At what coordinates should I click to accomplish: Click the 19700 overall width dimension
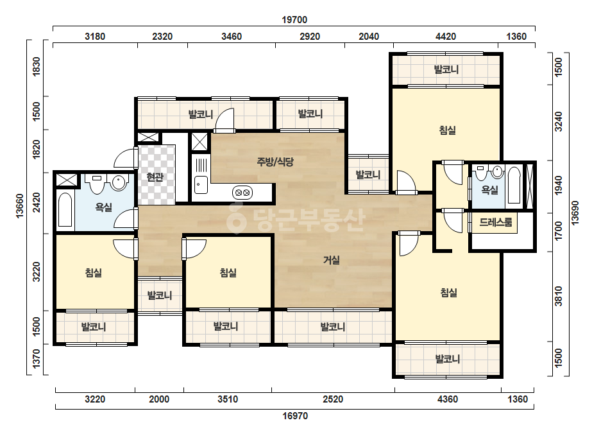pos(294,20)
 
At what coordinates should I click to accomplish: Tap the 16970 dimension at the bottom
pos(295,416)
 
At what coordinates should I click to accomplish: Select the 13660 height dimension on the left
pos(20,205)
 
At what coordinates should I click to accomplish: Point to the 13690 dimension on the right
pos(575,213)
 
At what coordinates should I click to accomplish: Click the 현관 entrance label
pos(155,177)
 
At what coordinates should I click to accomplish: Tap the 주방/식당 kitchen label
pos(275,162)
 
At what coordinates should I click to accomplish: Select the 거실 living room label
pos(332,260)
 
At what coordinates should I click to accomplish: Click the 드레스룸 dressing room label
pos(496,222)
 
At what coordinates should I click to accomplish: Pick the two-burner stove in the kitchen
pos(242,193)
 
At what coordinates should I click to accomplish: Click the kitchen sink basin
pos(201,185)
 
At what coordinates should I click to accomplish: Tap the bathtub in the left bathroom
pos(65,210)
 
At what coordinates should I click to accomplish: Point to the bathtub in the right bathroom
pos(514,186)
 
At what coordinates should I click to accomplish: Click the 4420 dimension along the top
pos(446,37)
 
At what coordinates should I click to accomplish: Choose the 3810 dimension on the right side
pos(559,297)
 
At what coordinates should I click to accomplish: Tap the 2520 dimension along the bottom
pos(333,399)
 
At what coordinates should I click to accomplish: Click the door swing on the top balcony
pos(224,120)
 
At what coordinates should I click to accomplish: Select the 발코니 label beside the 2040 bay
pos(368,175)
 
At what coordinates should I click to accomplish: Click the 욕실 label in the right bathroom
pos(489,190)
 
